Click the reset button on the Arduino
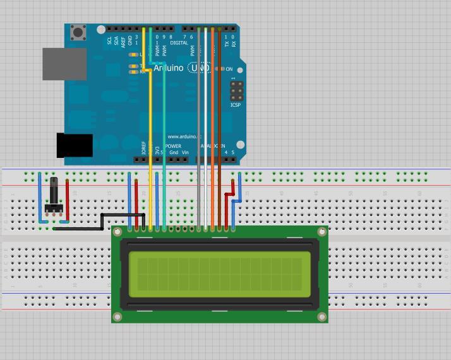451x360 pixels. pyautogui.click(x=78, y=32)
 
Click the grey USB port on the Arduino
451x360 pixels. pyautogui.click(x=64, y=64)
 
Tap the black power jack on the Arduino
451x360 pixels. pyautogui.click(x=75, y=145)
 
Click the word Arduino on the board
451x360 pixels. pyautogui.click(x=169, y=68)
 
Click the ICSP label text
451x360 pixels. pyautogui.click(x=236, y=105)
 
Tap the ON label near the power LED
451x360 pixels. pyautogui.click(x=229, y=69)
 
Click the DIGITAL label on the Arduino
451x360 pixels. pyautogui.click(x=179, y=43)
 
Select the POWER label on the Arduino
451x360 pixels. pyautogui.click(x=173, y=146)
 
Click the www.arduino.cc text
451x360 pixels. pyautogui.click(x=184, y=136)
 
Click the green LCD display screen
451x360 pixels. pyautogui.click(x=220, y=275)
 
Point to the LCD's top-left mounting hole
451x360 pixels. pyautogui.click(x=117, y=232)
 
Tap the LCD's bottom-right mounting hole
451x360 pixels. pyautogui.click(x=322, y=316)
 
